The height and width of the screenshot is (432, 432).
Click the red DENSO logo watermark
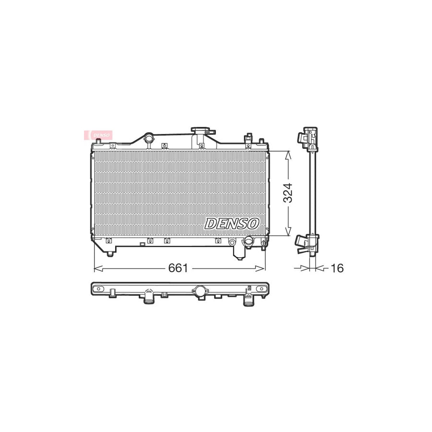(x=98, y=135)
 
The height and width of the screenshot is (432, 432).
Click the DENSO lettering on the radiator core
(x=232, y=223)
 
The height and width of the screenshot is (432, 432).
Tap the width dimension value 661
(x=178, y=268)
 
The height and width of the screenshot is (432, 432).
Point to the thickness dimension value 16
(x=337, y=268)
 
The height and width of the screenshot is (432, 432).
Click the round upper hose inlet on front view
(x=149, y=139)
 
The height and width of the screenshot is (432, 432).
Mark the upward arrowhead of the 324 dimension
(x=288, y=154)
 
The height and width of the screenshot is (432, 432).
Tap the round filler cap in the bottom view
(x=200, y=290)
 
